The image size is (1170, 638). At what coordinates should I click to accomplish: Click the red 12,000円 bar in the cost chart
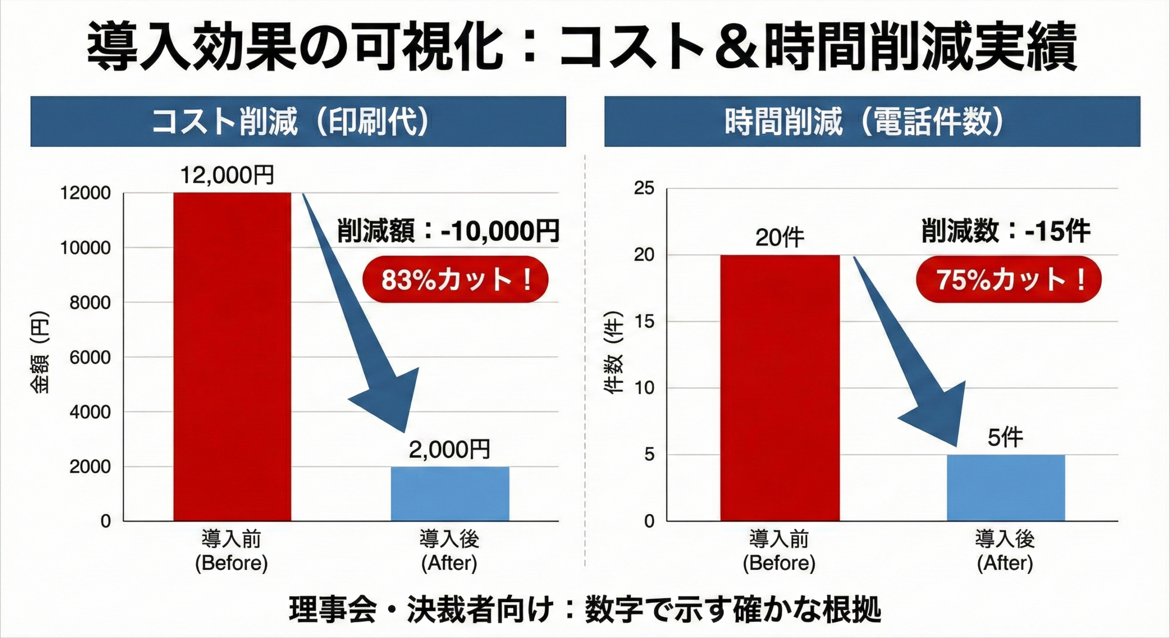[232, 356]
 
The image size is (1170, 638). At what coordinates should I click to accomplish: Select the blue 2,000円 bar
[450, 494]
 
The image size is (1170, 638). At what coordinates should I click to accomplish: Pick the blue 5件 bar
[1005, 488]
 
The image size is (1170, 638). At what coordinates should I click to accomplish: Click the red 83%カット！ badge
[455, 279]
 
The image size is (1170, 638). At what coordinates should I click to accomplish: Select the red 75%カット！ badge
[1009, 279]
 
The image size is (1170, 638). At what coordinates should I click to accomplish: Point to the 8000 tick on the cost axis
[90, 303]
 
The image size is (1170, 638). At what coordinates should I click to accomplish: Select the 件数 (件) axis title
[615, 352]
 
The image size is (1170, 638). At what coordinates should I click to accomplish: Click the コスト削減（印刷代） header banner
[298, 122]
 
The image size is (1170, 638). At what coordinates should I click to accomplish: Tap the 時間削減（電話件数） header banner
[872, 122]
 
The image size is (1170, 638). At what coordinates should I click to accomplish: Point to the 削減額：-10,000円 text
[448, 231]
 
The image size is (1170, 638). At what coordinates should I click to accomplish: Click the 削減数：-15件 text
[1005, 231]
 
